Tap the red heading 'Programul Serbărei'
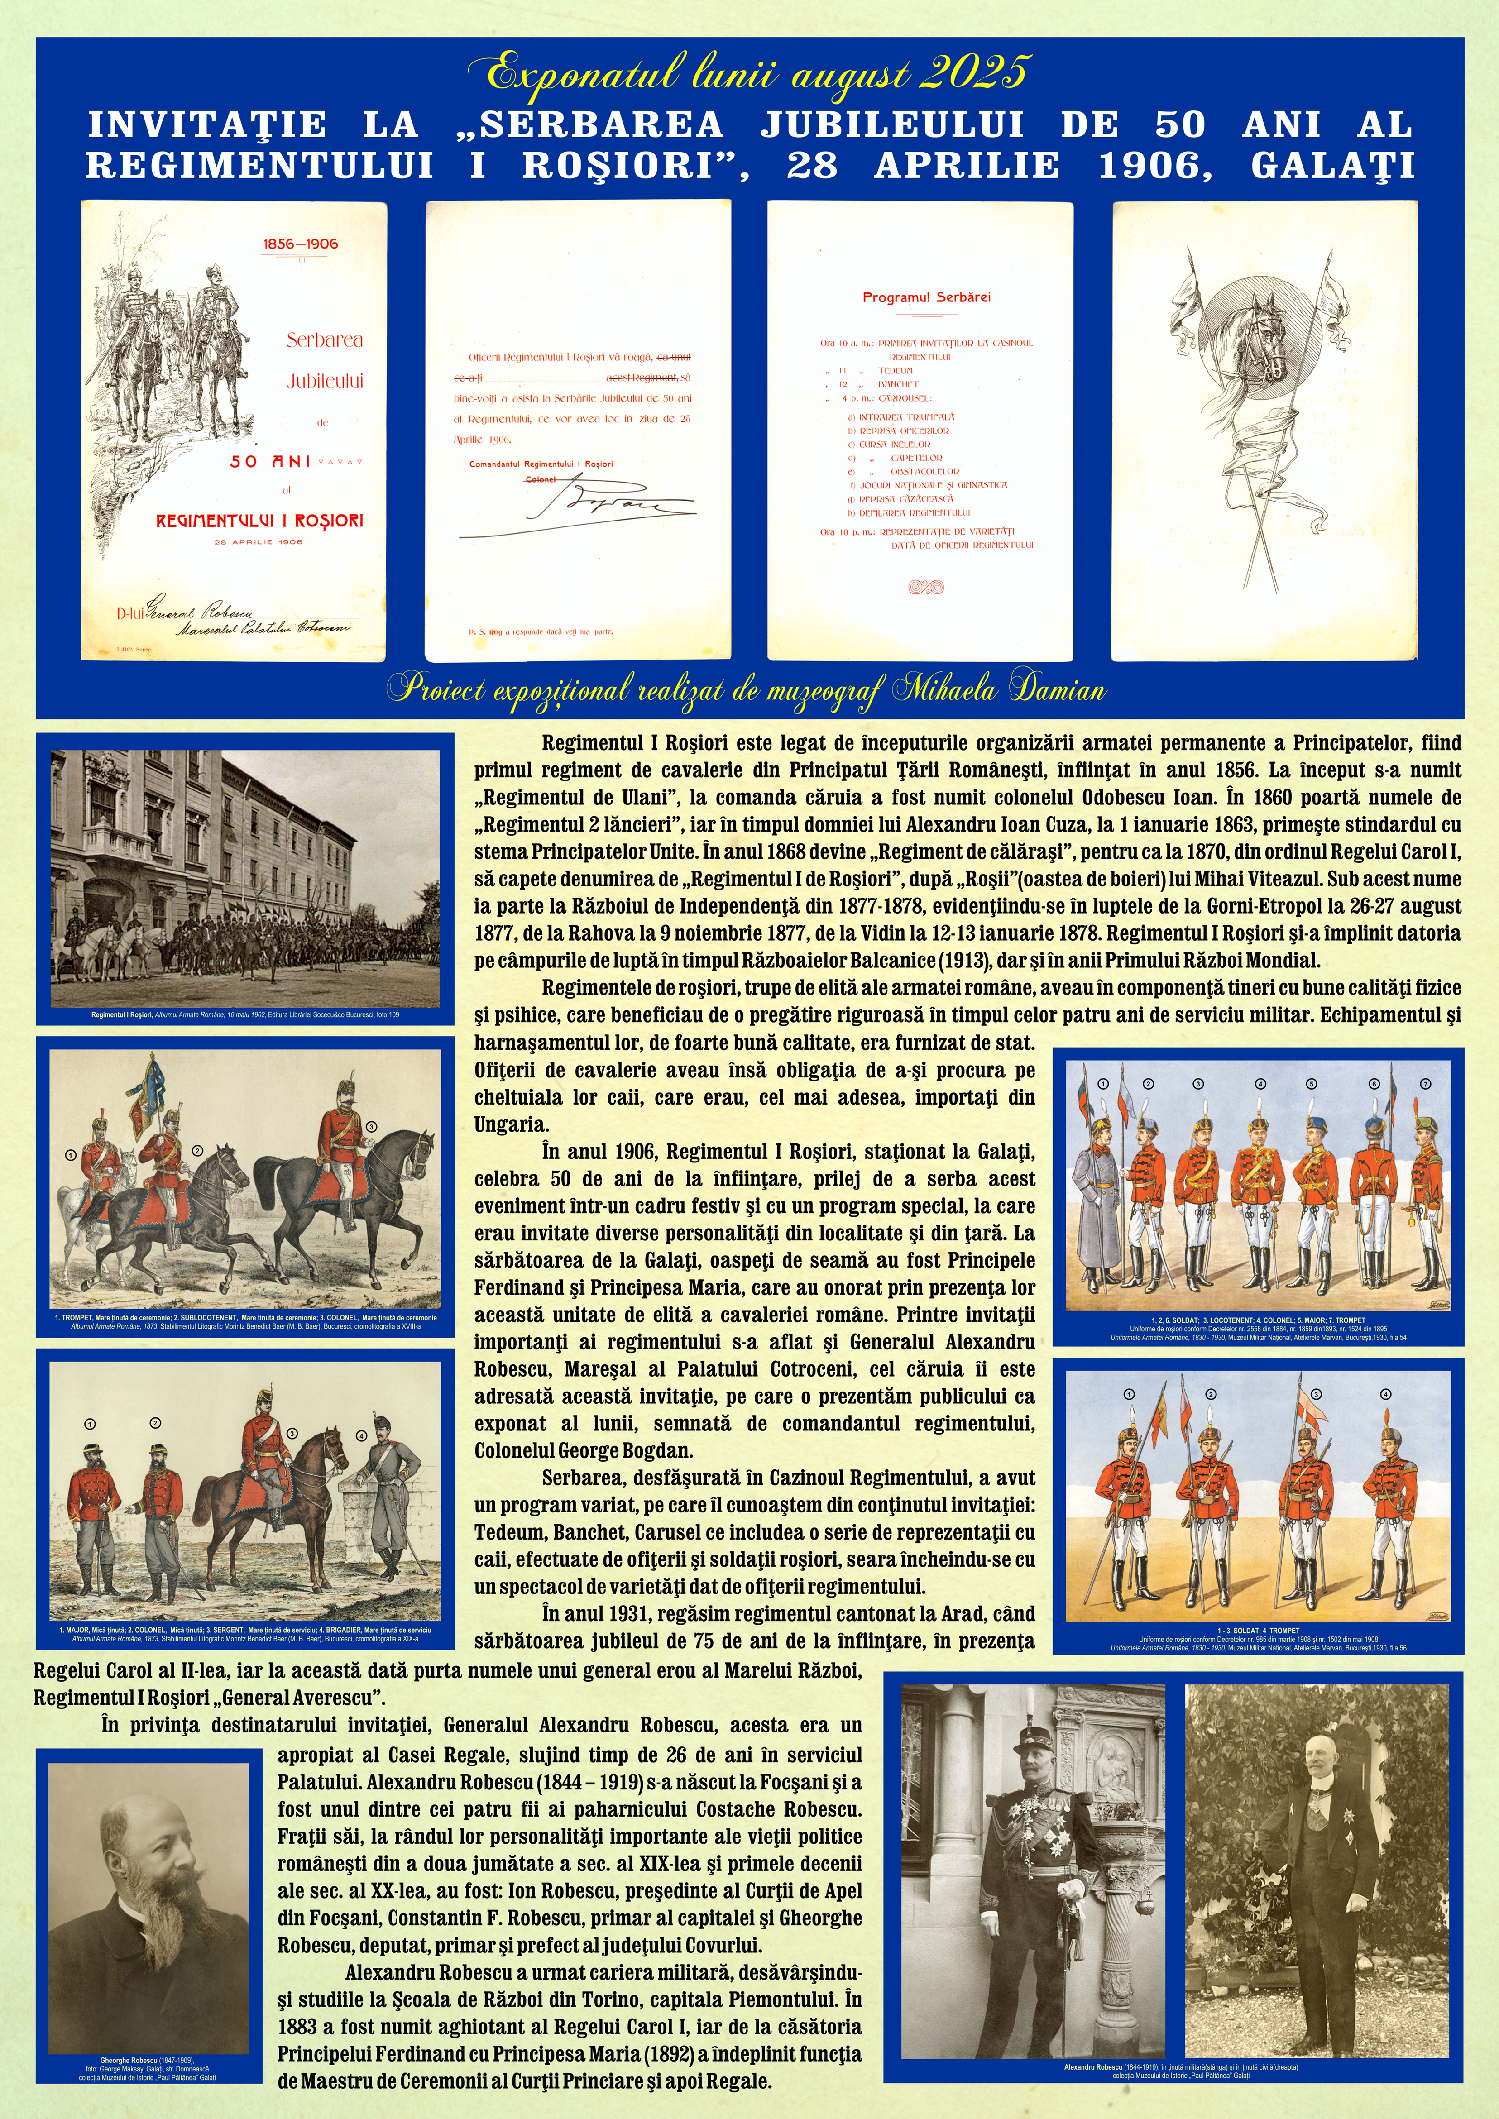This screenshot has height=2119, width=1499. pyautogui.click(x=926, y=297)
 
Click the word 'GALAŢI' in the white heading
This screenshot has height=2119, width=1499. pyautogui.click(x=1332, y=166)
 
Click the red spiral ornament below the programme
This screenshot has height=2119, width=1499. pyautogui.click(x=926, y=586)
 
